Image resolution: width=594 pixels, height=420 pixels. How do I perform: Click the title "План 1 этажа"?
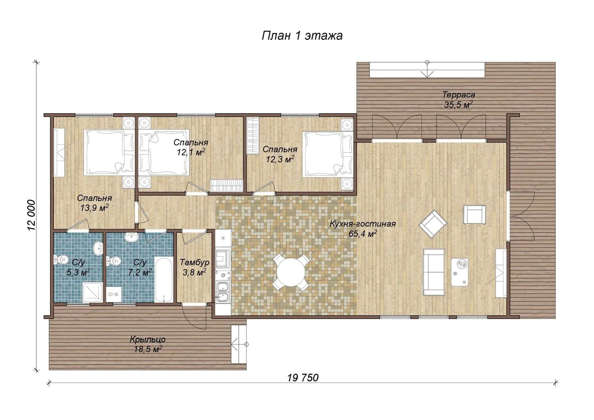pyautogui.click(x=302, y=36)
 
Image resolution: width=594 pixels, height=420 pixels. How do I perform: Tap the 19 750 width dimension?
pyautogui.click(x=303, y=378)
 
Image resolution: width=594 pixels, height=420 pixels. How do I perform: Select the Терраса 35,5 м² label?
pyautogui.click(x=458, y=100)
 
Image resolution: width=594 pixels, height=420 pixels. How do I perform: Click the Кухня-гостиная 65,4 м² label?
pyautogui.click(x=362, y=229)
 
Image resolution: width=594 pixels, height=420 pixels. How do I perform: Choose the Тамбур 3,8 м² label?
pyautogui.click(x=194, y=267)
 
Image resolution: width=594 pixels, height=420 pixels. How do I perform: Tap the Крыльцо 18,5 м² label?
pyautogui.click(x=148, y=344)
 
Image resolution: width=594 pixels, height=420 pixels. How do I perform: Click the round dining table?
pyautogui.click(x=291, y=272)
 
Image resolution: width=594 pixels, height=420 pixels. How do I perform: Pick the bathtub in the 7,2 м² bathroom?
pyautogui.click(x=164, y=279)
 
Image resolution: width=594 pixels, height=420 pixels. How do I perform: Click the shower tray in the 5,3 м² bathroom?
pyautogui.click(x=92, y=292)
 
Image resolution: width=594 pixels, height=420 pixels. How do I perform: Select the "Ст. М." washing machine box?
pyautogui.click(x=114, y=294)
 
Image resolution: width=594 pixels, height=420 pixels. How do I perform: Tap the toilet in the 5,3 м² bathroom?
pyautogui.click(x=60, y=259)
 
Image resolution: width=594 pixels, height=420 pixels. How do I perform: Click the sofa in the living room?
pyautogui.click(x=434, y=272)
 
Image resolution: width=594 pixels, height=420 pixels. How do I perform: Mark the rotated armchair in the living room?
pyautogui.click(x=433, y=224)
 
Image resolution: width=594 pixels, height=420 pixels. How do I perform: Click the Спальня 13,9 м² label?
pyautogui.click(x=94, y=203)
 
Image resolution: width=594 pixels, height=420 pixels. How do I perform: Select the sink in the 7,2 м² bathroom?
pyautogui.click(x=131, y=237)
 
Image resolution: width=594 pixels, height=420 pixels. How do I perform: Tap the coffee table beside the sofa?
pyautogui.click(x=459, y=272)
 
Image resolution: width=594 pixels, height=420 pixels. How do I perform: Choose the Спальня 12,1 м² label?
pyautogui.click(x=191, y=147)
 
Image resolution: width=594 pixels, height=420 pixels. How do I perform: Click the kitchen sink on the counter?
pyautogui.click(x=222, y=292)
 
